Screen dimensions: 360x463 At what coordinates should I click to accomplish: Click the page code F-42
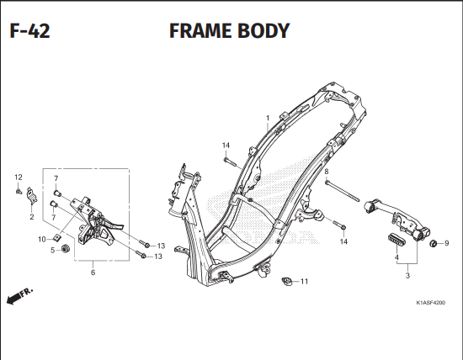[29, 32]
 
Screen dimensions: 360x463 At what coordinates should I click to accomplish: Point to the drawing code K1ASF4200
[429, 303]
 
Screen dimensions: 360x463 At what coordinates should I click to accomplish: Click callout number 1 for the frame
[267, 118]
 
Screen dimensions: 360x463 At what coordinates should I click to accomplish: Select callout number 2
[31, 217]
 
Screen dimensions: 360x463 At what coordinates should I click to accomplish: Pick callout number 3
[407, 275]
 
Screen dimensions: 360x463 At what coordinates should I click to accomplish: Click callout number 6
[93, 272]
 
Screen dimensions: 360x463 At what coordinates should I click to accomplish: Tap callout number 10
[40, 239]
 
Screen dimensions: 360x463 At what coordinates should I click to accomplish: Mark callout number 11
[304, 281]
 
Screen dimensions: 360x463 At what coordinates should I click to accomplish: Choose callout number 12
[17, 177]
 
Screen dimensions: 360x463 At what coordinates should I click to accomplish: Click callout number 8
[326, 172]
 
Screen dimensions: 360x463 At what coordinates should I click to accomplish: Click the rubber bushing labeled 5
[61, 250]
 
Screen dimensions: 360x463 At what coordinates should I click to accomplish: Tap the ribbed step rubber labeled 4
[396, 237]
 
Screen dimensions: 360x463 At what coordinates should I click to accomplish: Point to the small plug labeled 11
[285, 281]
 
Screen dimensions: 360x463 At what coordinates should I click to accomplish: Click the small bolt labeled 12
[19, 191]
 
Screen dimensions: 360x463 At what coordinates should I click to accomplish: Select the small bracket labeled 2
[31, 198]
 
